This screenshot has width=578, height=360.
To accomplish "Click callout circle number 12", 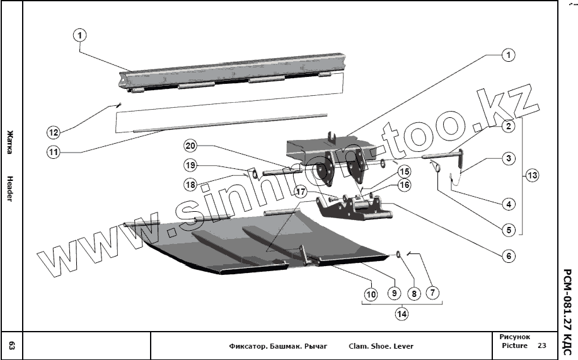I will pyautogui.click(x=54, y=132).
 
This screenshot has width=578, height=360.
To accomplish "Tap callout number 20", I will pyautogui.click(x=191, y=146).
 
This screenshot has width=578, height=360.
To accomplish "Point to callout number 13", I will pyautogui.click(x=533, y=175).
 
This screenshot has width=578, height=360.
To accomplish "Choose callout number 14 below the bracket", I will pyautogui.click(x=401, y=313).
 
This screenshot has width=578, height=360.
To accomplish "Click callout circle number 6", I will pyautogui.click(x=509, y=256).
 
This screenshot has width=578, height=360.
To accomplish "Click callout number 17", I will pyautogui.click(x=301, y=190).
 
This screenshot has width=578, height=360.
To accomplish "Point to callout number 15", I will pyautogui.click(x=404, y=171).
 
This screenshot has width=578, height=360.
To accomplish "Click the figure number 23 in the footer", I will pyautogui.click(x=542, y=345).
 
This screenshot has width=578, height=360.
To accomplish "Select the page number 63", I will pyautogui.click(x=12, y=345).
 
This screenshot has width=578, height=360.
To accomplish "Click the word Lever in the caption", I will pyautogui.click(x=401, y=346).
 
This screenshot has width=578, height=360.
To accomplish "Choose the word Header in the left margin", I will pyautogui.click(x=11, y=189).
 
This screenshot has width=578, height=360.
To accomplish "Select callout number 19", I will pyautogui.click(x=191, y=165).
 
